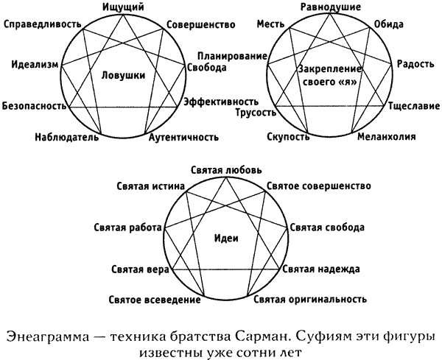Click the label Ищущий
click(x=123, y=7)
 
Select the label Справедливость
click(x=43, y=24)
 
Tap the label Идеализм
click(x=35, y=65)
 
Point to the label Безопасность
click(x=35, y=106)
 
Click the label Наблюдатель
click(x=67, y=137)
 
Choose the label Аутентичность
click(x=183, y=137)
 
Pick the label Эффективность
click(x=221, y=102)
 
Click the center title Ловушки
click(x=123, y=76)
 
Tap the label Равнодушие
click(x=331, y=7)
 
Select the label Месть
click(x=270, y=24)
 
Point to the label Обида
click(x=388, y=24)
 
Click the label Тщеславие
click(x=414, y=106)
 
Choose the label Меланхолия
click(x=387, y=137)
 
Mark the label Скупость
click(x=288, y=137)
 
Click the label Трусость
click(x=256, y=113)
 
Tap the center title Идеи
click(x=226, y=239)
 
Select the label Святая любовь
click(x=226, y=170)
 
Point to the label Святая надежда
click(x=321, y=269)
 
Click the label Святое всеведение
click(x=155, y=300)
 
